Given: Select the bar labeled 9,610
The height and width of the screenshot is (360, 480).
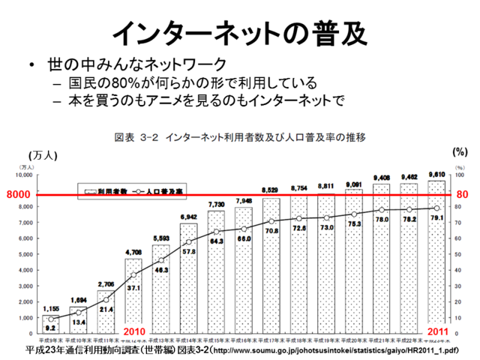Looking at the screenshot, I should [x=436, y=255].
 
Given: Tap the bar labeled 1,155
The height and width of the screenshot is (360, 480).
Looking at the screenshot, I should [x=51, y=322].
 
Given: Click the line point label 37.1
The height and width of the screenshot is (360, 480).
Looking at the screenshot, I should [x=133, y=287].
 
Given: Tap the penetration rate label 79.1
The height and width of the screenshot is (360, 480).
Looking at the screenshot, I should [x=437, y=218].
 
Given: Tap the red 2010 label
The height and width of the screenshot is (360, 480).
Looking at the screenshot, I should [x=134, y=333].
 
